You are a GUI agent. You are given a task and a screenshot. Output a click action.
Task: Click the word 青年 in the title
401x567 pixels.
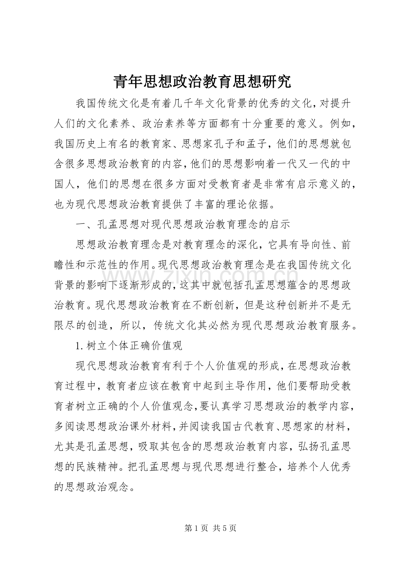pyautogui.click(x=125, y=81)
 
